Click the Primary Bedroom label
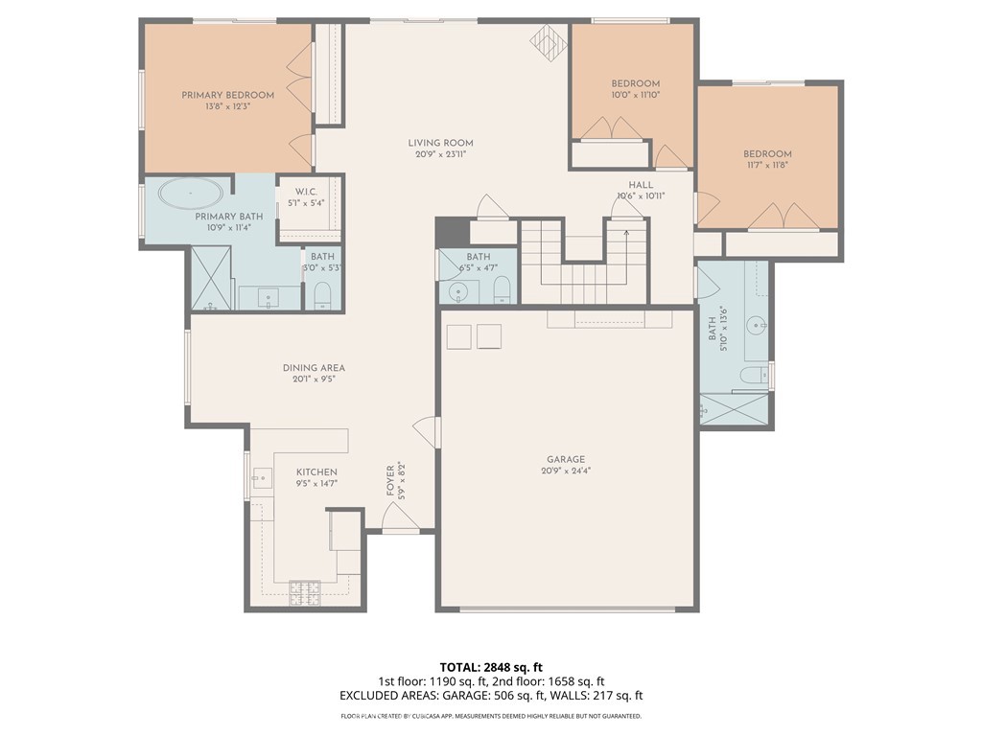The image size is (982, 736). (228, 95)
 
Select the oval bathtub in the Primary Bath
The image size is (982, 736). (190, 195)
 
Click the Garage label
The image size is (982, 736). (566, 459)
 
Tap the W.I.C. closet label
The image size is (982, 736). (307, 192)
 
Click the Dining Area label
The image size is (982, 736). (314, 368)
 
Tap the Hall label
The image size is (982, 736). (641, 185)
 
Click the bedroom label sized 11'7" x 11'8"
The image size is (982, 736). (767, 154)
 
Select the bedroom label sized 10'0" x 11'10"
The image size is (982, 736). (635, 83)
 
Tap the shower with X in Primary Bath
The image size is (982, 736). (211, 278)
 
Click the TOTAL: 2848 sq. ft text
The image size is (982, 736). (491, 667)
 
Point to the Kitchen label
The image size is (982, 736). (316, 472)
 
